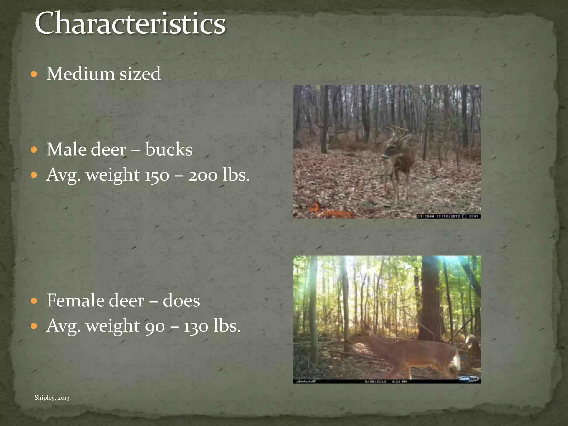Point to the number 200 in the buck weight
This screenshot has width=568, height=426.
[203, 175]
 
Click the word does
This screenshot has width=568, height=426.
[181, 301]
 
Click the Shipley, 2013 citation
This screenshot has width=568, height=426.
[52, 398]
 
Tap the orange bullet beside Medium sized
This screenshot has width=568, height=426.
[34, 74]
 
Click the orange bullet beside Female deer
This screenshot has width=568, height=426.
[34, 301]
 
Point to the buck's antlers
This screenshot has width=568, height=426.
[397, 133]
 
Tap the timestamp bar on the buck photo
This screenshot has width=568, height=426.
[448, 216]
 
